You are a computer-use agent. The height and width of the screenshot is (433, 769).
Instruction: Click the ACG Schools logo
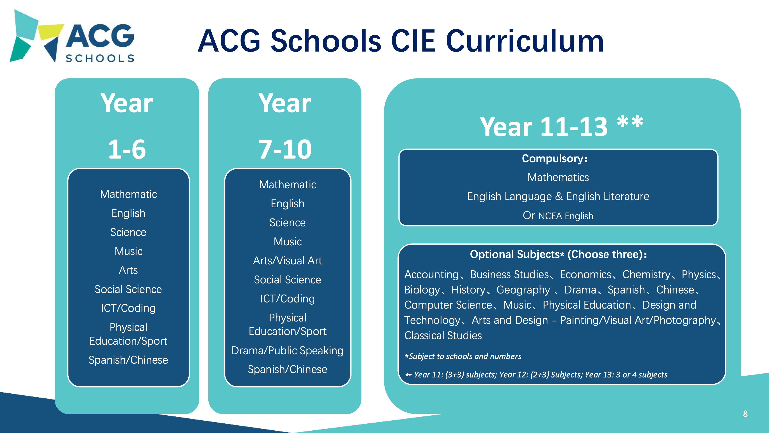tap(72, 36)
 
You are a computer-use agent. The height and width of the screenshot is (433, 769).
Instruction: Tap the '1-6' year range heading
tap(127, 149)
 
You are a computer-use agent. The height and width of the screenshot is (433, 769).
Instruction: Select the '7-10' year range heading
tap(285, 149)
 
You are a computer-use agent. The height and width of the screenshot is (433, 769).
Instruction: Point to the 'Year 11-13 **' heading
tap(561, 126)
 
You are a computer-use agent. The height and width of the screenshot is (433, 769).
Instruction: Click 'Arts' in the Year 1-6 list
tap(128, 270)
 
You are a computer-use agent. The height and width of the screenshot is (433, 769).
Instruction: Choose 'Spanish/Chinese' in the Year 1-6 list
tap(128, 360)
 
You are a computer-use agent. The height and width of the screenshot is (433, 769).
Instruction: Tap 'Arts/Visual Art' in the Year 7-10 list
tap(288, 261)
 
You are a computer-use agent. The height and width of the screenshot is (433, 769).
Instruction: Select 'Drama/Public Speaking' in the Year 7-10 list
tap(288, 351)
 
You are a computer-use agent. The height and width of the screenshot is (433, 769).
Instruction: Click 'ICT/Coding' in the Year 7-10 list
tap(288, 299)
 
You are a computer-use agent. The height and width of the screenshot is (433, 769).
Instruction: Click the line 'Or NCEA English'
tap(558, 215)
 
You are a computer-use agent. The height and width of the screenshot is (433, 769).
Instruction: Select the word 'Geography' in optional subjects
tap(523, 290)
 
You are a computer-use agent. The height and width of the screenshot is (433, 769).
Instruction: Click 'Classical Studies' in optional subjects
tap(443, 336)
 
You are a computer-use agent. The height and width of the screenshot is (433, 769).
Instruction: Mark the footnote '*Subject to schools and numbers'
tap(463, 356)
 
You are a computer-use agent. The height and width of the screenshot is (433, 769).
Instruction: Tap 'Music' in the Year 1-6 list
tap(128, 251)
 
